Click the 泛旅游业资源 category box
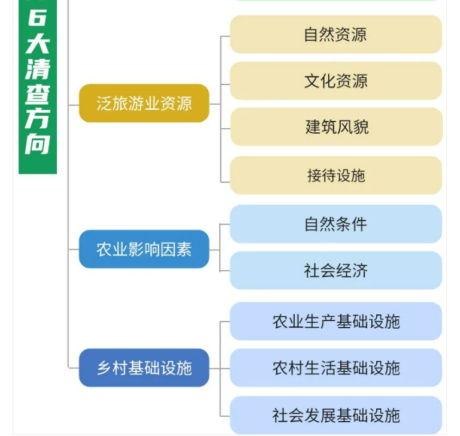pos(144,103)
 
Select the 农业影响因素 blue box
pos(144,249)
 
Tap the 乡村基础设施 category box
pos(144,367)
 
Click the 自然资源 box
pos(335,34)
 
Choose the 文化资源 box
pos(335,80)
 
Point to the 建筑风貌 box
pos(335,127)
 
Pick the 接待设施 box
pos(335,175)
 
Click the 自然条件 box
pos(335,224)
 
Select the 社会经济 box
pos(335,271)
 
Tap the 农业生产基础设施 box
pos(335,321)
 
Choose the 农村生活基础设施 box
pos(335,367)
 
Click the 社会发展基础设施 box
pos(335,414)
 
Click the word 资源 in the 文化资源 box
pos(352,80)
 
